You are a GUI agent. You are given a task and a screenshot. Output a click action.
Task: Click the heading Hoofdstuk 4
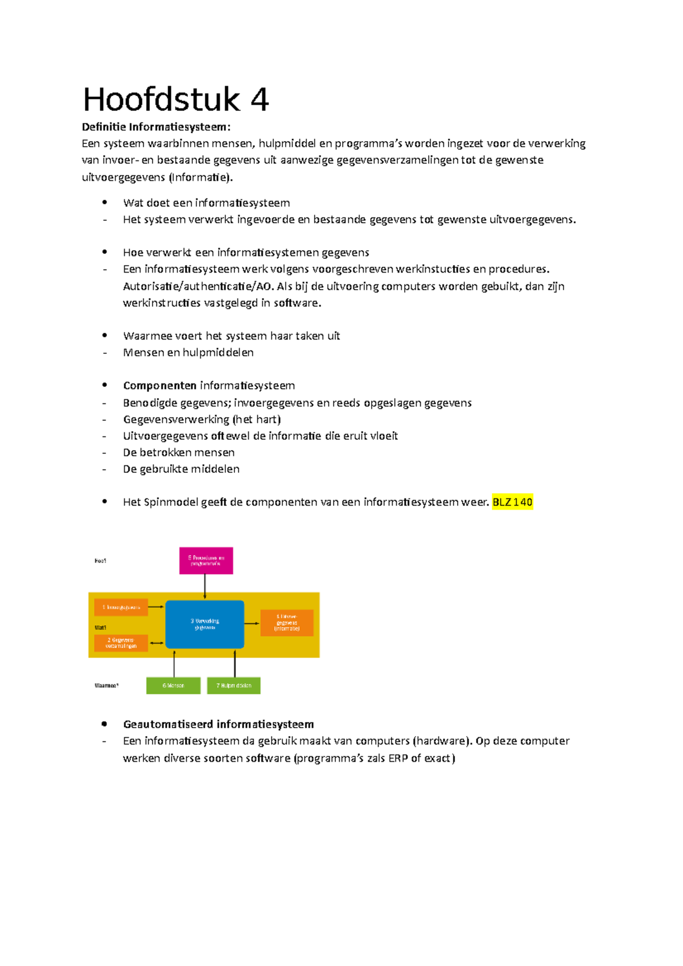point(175,100)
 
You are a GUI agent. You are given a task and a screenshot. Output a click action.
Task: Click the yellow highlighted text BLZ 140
point(512,502)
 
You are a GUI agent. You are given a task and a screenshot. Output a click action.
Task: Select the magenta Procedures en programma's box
point(206,560)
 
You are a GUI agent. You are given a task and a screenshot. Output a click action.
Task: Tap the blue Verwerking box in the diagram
point(205,624)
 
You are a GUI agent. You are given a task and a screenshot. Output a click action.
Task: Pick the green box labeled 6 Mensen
point(173,686)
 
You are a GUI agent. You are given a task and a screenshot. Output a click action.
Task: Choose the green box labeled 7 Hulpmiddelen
point(233,686)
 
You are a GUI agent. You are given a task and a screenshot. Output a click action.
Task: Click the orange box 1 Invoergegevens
point(121,607)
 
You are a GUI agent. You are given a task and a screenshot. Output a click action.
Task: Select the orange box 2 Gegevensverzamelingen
point(121,643)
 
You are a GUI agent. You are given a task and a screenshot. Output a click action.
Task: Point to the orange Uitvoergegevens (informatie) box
point(287,622)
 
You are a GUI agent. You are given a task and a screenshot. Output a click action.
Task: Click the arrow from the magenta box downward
point(205,587)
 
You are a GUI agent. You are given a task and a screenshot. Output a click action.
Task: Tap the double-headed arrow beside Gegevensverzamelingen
point(157,643)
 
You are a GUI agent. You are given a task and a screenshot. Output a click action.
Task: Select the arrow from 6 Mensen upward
point(174,663)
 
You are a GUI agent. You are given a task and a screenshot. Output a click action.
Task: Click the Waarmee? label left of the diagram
point(106,686)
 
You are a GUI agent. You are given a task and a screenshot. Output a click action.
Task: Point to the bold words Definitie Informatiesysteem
point(157,126)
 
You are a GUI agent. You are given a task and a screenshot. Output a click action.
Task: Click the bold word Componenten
point(160,386)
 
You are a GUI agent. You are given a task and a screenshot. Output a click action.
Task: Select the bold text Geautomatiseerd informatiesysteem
point(219,724)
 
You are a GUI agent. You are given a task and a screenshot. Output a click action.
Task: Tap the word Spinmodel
point(171,502)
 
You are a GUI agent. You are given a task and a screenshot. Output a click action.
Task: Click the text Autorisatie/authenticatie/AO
point(198,286)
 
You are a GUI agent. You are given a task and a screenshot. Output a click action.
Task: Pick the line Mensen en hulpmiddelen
point(188,353)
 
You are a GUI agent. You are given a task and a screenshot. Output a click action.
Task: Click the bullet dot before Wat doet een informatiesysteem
point(105,202)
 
